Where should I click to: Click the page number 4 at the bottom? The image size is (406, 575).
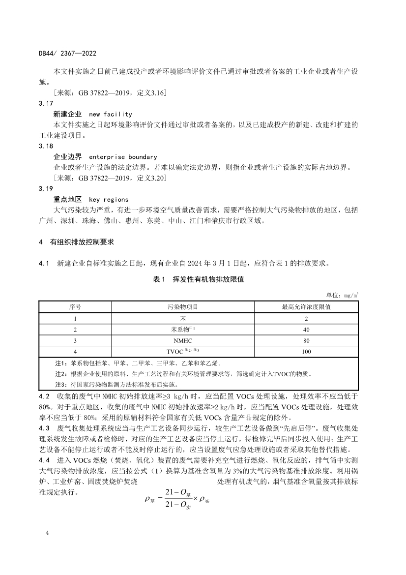click(x=47, y=533)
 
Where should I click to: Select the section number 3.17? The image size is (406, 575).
click(x=45, y=104)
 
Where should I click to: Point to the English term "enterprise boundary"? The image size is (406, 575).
click(x=123, y=157)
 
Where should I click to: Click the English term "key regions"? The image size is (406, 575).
click(x=109, y=200)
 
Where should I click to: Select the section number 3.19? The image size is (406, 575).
click(x=45, y=189)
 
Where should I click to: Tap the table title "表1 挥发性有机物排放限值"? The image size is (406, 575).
click(x=203, y=279)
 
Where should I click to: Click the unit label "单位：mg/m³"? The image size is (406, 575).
click(x=342, y=295)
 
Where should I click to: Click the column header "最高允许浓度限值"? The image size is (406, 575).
click(x=306, y=307)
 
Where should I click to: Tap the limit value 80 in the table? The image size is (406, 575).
click(x=306, y=340)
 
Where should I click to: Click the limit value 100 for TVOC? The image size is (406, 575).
click(x=306, y=352)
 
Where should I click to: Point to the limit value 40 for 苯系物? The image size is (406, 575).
click(x=306, y=329)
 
